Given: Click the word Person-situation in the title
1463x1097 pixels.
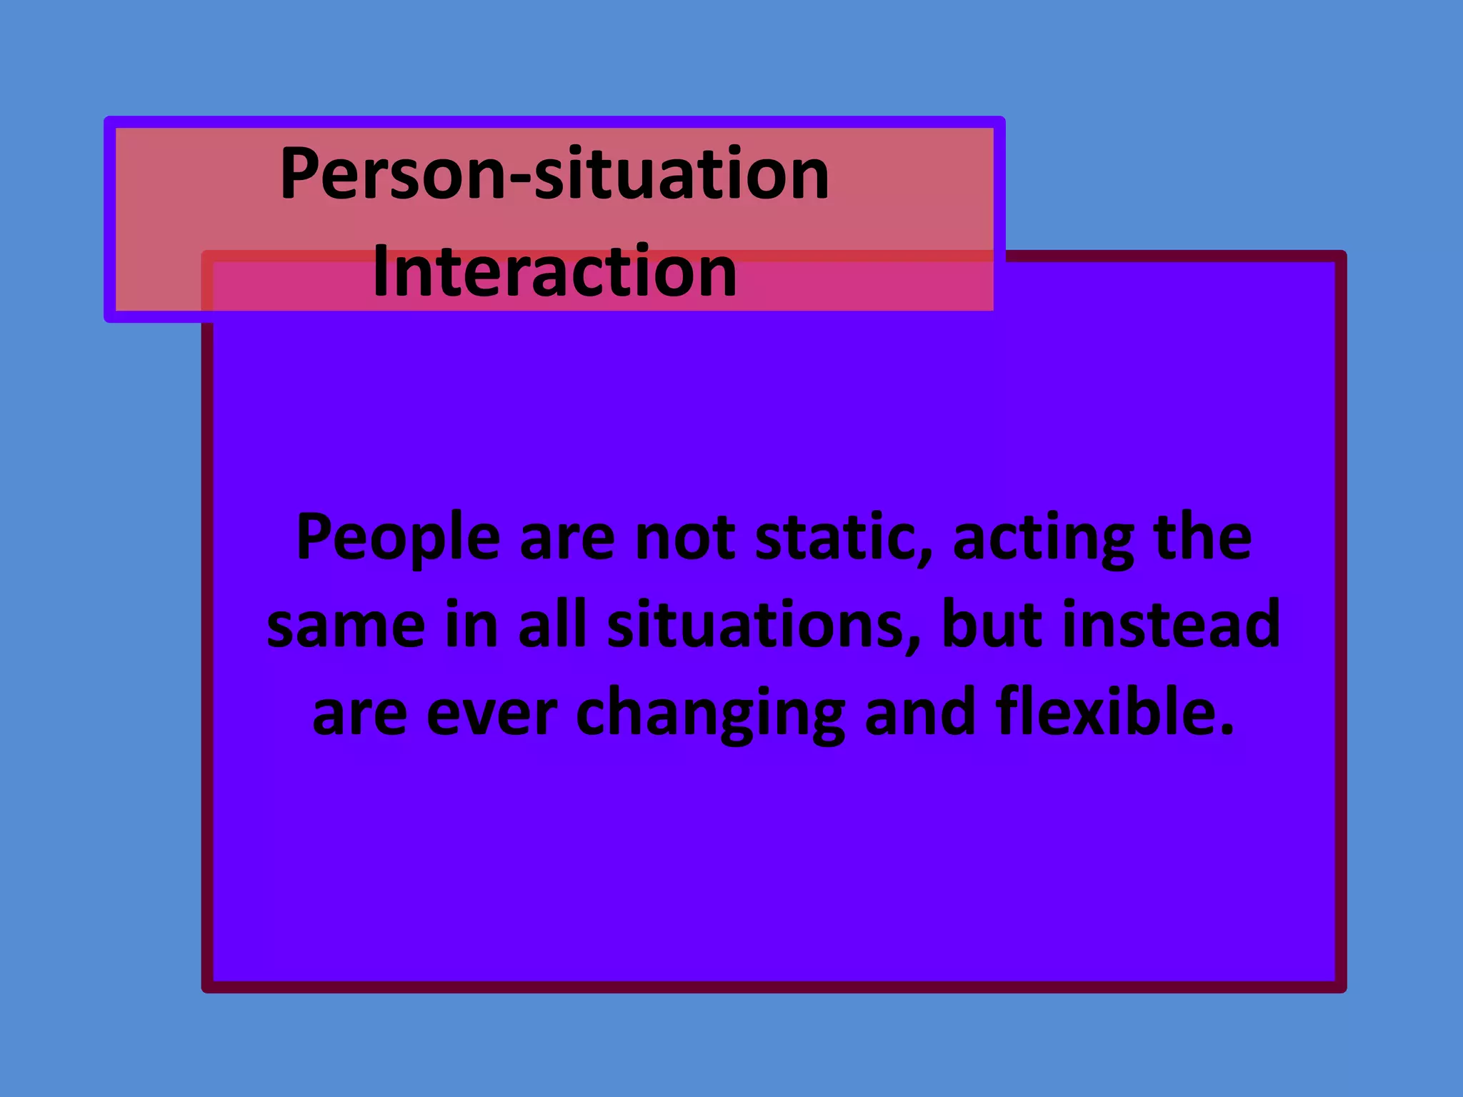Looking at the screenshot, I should click(x=554, y=174).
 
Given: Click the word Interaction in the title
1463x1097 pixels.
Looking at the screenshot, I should click(x=554, y=271).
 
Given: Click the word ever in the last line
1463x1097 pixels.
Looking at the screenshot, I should click(x=491, y=713).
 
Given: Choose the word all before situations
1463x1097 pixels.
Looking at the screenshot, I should click(x=552, y=624).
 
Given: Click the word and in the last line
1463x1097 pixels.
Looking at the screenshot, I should click(x=920, y=711).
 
